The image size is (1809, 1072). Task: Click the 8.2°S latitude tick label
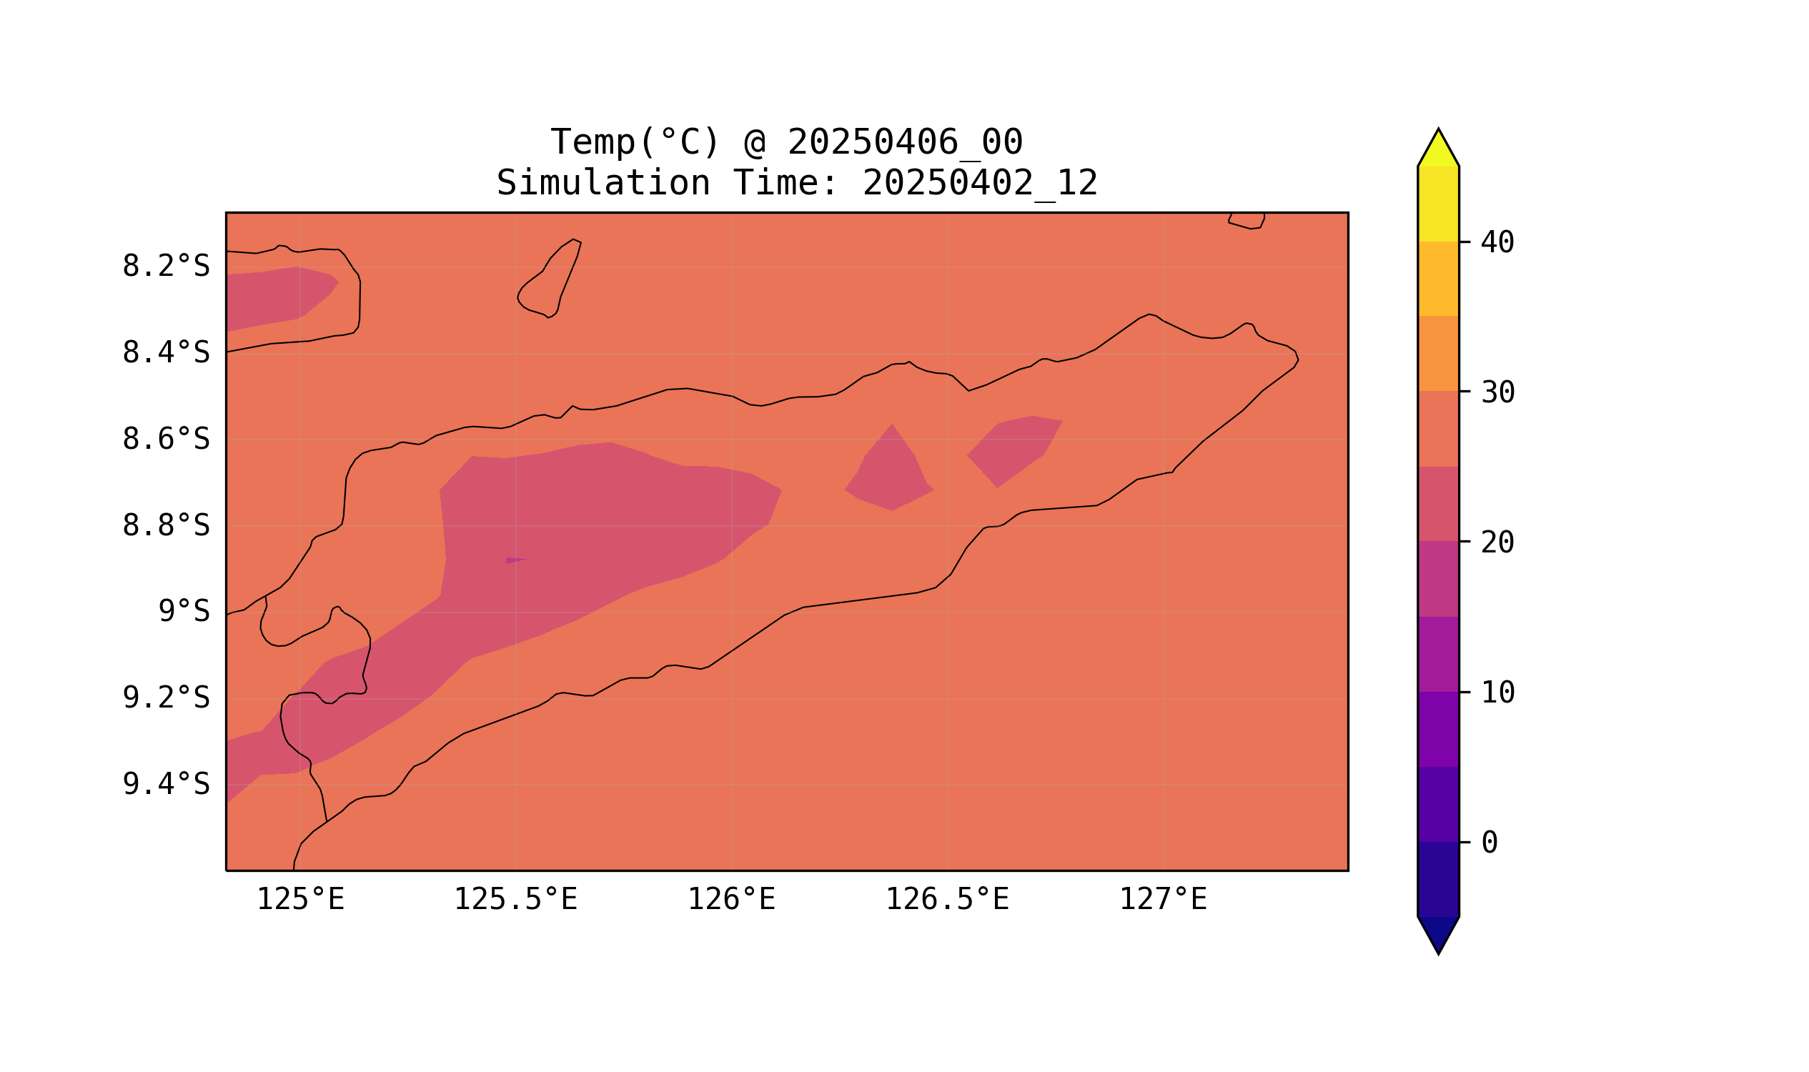[165, 267]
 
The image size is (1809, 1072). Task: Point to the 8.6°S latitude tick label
[165, 440]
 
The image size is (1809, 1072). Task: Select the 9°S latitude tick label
[184, 612]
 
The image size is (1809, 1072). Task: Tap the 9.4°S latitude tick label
[165, 784]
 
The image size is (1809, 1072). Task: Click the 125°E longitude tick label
[300, 899]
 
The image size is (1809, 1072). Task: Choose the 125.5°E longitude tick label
[515, 899]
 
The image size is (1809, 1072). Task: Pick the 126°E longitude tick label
[731, 899]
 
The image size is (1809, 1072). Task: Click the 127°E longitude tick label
[1162, 899]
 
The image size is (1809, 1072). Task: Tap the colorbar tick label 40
[1497, 243]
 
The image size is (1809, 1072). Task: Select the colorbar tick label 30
[1497, 393]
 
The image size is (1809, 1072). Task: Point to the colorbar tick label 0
[1489, 843]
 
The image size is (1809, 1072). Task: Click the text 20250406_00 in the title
[905, 142]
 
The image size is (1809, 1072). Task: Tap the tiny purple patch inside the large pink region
[515, 560]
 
